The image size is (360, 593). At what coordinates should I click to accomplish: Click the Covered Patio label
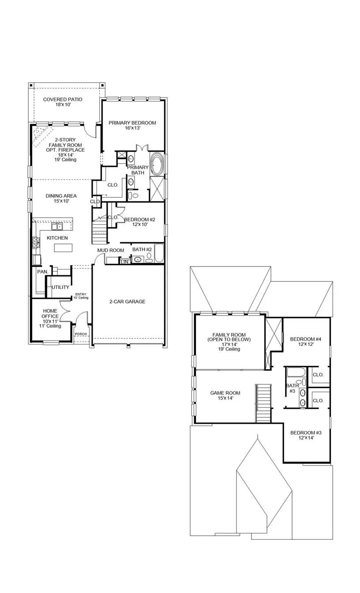pyautogui.click(x=63, y=102)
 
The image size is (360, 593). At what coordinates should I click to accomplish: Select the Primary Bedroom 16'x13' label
pyautogui.click(x=132, y=125)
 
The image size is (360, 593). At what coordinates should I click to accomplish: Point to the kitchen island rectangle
pyautogui.click(x=63, y=248)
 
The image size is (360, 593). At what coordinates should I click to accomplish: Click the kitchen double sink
pyautogui.click(x=57, y=227)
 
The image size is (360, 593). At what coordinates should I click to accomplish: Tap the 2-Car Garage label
pyautogui.click(x=127, y=301)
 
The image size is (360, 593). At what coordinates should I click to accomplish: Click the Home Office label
pyautogui.click(x=50, y=313)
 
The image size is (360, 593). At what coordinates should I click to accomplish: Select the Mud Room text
pyautogui.click(x=111, y=250)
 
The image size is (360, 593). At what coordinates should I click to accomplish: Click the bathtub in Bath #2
pyautogui.click(x=159, y=253)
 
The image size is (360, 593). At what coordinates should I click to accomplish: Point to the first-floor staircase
pyautogui.click(x=99, y=230)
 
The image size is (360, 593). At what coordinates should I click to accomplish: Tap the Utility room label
pyautogui.click(x=60, y=287)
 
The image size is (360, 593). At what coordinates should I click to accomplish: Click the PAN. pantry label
pyautogui.click(x=43, y=272)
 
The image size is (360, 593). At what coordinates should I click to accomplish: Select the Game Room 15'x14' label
pyautogui.click(x=225, y=395)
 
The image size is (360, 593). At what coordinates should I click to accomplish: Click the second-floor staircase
pyautogui.click(x=263, y=403)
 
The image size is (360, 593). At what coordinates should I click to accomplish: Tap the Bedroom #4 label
pyautogui.click(x=306, y=342)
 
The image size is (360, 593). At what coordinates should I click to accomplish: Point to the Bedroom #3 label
pyautogui.click(x=306, y=435)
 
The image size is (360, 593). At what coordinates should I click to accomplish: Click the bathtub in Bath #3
pyautogui.click(x=296, y=372)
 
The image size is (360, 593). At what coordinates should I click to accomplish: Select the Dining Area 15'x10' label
pyautogui.click(x=61, y=198)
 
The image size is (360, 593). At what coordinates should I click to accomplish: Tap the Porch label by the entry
pyautogui.click(x=81, y=334)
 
